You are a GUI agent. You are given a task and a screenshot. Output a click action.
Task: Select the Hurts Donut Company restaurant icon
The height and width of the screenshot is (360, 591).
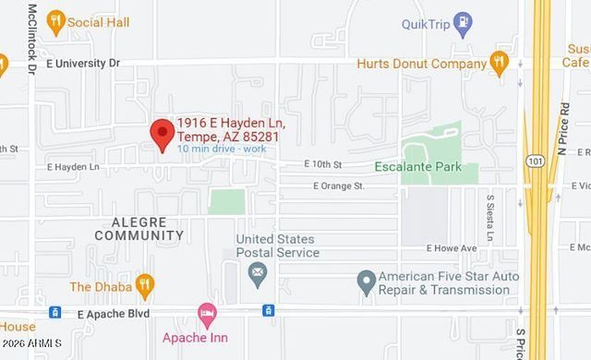coord(500,63)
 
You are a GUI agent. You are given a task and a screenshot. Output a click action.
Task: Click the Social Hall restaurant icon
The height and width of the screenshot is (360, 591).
coord(56,21)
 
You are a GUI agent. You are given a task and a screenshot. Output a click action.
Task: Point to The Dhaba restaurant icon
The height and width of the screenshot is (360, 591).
coord(144,285)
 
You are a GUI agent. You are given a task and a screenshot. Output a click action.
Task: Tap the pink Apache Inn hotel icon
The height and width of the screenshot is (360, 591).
coord(206,315)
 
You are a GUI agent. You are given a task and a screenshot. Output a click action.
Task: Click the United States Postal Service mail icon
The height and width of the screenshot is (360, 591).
coord(257,272)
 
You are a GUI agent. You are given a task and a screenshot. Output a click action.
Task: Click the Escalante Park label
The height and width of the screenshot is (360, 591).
coord(426,167)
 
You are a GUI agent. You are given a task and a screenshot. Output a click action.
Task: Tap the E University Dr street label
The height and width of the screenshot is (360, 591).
coord(83,64)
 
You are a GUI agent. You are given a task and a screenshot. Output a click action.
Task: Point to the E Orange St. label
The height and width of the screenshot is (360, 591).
coord(339,186)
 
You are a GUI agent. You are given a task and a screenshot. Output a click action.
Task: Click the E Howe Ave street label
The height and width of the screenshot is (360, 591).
coord(452,248)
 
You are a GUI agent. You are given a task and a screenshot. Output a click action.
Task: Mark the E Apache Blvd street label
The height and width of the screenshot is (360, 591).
coord(112,314)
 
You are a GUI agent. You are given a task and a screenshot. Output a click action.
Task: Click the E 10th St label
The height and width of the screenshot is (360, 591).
coord(323,164)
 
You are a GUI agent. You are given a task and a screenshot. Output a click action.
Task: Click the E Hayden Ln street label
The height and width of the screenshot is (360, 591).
coord(74,167)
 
